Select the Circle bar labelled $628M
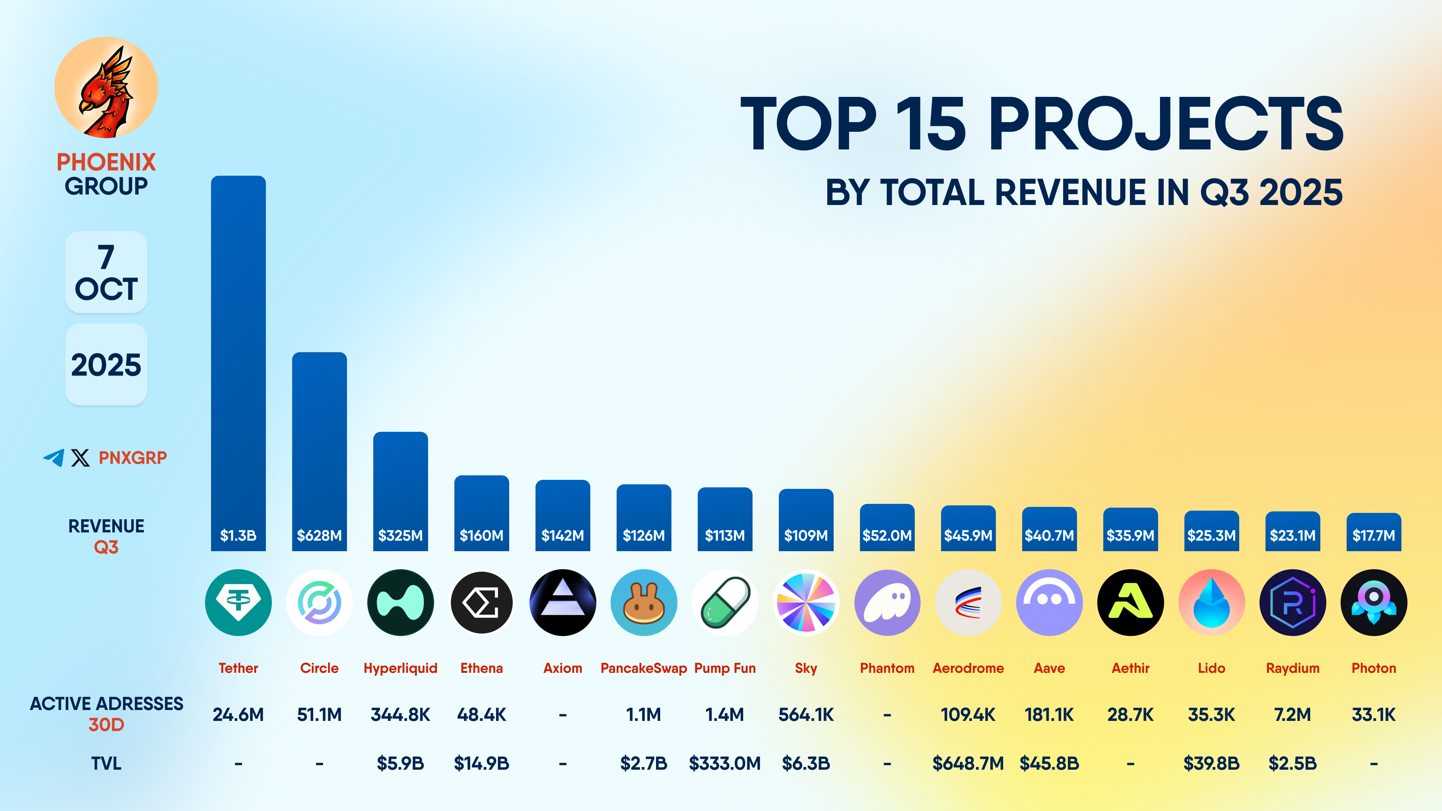click(x=319, y=448)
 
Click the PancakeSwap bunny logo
click(x=644, y=603)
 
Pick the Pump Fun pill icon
click(x=725, y=603)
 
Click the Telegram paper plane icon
click(x=54, y=458)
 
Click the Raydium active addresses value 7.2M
click(x=1293, y=715)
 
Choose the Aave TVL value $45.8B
click(x=1049, y=763)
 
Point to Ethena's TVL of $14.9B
click(x=481, y=763)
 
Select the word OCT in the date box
click(x=106, y=289)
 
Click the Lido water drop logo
click(x=1211, y=603)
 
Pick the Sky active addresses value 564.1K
click(x=806, y=715)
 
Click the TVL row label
click(x=106, y=763)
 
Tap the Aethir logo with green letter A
click(x=1130, y=603)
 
